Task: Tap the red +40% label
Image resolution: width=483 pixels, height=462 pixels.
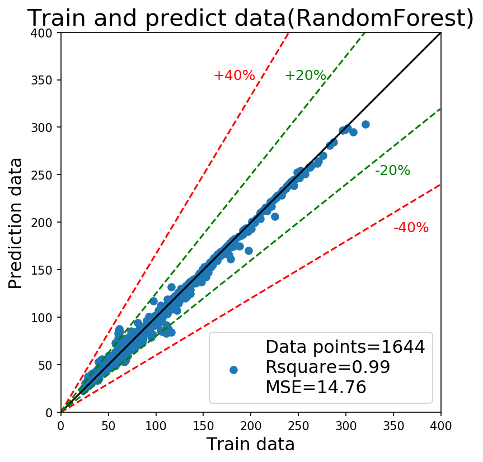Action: pos(235,76)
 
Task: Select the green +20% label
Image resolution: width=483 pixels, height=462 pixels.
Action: pos(305,76)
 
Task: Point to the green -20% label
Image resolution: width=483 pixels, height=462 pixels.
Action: pos(393,170)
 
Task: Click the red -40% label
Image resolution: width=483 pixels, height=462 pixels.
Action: pos(411,228)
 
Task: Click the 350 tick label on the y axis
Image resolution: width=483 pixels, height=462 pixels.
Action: pos(41,80)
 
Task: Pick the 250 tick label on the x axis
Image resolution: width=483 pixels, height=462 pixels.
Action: pos(298,426)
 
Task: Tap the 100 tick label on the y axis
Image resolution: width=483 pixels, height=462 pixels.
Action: pos(41,317)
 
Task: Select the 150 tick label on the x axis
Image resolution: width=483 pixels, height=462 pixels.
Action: pos(203,426)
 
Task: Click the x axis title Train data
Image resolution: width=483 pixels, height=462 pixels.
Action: pos(251,445)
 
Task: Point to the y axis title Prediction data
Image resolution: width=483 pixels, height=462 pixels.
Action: pos(16,223)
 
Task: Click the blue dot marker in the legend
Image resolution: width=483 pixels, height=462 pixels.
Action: pos(233,370)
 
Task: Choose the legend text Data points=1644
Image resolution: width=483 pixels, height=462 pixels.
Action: pos(345,347)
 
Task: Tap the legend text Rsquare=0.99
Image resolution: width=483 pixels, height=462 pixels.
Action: pos(328,367)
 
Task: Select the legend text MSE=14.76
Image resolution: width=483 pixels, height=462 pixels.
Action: pos(316,387)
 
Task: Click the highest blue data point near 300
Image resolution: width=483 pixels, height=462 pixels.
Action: pos(365,124)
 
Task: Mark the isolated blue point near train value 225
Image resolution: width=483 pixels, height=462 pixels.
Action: pos(275,216)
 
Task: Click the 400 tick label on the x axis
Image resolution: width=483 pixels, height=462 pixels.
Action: pos(441,426)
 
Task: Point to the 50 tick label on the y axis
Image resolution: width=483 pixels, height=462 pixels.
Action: pos(45,365)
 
